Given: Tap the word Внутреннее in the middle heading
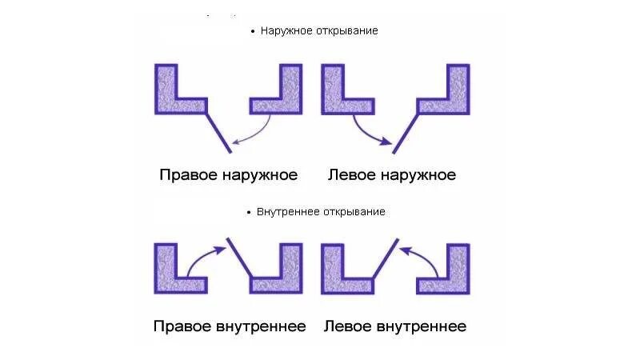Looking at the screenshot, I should click(x=287, y=212).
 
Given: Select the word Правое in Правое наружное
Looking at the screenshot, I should click(x=189, y=174).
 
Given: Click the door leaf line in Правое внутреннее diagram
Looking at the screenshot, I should click(x=240, y=258).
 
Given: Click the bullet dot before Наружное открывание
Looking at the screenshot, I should click(x=252, y=32).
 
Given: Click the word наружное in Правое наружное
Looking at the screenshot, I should click(x=261, y=174).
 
